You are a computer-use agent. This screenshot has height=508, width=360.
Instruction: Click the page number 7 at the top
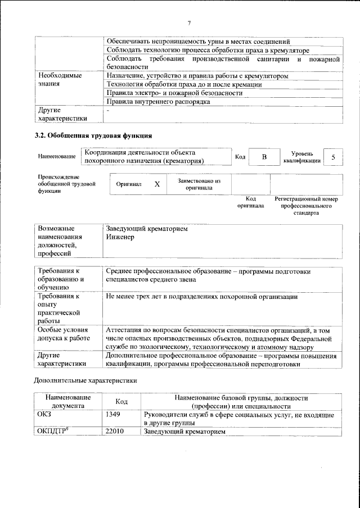click(x=189, y=22)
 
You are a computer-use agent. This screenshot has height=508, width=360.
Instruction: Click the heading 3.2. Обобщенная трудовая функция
click(x=93, y=135)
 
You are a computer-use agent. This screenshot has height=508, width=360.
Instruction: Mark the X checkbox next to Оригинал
click(x=157, y=184)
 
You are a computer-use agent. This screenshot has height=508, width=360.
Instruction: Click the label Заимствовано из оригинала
click(x=199, y=184)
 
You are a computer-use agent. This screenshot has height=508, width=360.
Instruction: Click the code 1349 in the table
click(x=113, y=414)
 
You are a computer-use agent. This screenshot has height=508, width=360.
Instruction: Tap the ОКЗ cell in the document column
click(x=44, y=414)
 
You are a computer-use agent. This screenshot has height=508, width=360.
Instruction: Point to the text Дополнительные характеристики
click(x=86, y=380)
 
